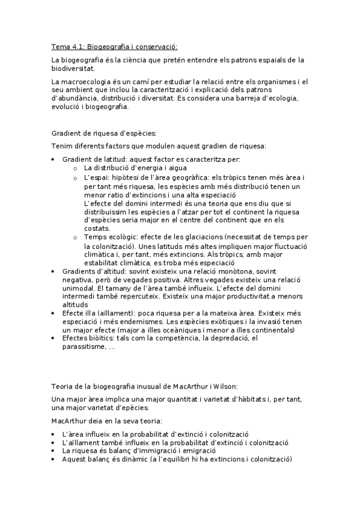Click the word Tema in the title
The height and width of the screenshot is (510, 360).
click(60, 46)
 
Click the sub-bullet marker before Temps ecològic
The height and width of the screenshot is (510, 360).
click(75, 238)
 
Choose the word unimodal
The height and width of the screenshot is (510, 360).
click(79, 289)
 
